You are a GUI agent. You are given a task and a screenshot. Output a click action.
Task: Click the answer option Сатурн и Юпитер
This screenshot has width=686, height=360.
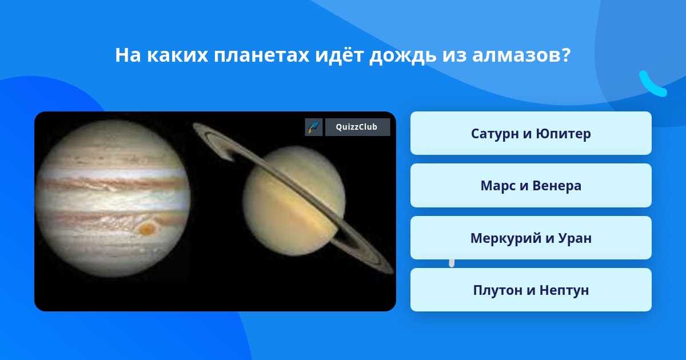point(531,133)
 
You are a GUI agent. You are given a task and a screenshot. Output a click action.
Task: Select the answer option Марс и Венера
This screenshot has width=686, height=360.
point(531,186)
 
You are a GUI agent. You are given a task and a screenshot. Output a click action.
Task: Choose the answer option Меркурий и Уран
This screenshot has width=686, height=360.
point(531,238)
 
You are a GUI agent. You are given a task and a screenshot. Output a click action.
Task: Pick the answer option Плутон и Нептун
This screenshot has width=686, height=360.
point(531,290)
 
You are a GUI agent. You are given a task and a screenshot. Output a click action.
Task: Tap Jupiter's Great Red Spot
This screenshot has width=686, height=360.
point(147,229)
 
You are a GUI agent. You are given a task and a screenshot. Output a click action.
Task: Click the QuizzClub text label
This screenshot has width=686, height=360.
point(357,127)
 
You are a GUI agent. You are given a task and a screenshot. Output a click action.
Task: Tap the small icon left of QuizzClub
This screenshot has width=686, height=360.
point(314,127)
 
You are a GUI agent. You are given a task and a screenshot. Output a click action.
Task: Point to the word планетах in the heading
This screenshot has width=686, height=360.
point(261,55)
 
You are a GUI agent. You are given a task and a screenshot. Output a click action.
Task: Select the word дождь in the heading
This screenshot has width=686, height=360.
point(402,56)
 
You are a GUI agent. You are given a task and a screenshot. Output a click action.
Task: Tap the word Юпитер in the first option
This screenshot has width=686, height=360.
point(563,134)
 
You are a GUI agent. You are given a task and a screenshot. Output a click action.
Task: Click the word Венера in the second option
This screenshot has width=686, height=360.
point(557,186)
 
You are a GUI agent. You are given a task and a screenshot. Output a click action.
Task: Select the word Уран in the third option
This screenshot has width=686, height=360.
point(575,238)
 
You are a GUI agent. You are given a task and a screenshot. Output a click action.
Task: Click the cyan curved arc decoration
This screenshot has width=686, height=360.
point(652,85)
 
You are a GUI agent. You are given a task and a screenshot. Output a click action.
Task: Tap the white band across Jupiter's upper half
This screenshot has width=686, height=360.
point(112,173)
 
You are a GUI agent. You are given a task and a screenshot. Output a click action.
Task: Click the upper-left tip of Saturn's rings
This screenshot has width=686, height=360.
point(195,126)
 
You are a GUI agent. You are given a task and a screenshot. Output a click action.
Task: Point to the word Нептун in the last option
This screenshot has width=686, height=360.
point(564,290)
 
